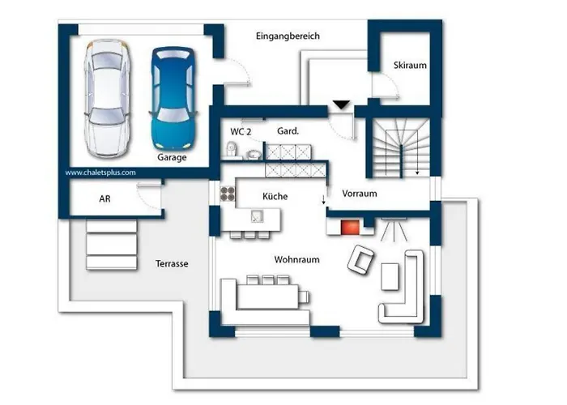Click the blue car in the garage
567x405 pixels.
[x=173, y=98]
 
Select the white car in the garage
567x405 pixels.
[x=107, y=98]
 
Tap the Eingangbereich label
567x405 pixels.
[x=288, y=36]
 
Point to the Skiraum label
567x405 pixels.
[x=410, y=66]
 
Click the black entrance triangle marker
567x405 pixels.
[x=341, y=104]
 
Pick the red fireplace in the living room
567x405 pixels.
[x=350, y=227]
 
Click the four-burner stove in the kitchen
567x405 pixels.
[x=228, y=194]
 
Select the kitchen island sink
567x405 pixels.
[x=257, y=216]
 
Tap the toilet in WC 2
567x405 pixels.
[x=232, y=149]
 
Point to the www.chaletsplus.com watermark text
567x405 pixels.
[x=100, y=173]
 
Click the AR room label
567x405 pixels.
[x=104, y=198]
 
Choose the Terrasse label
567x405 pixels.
[x=172, y=263]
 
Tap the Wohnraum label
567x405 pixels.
[x=297, y=260]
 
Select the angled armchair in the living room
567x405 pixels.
[x=360, y=259]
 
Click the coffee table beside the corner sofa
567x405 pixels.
[x=390, y=276]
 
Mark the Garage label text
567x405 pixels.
[x=172, y=157]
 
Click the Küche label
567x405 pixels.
[x=275, y=196]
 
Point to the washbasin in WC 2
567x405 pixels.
[x=254, y=155]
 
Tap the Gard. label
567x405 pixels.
[x=288, y=131]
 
